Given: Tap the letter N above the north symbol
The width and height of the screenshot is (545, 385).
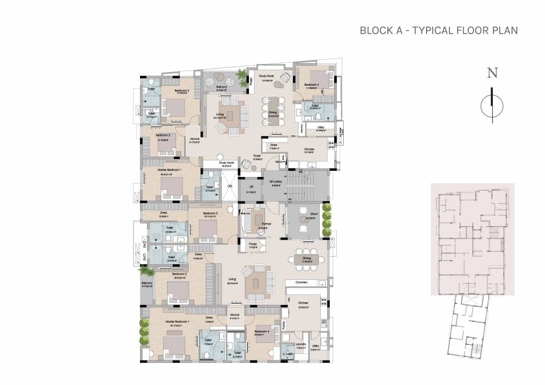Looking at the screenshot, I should [x=492, y=73].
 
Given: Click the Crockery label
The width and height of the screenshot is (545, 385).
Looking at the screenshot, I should [x=302, y=283].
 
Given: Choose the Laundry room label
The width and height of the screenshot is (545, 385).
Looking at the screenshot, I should [x=301, y=344].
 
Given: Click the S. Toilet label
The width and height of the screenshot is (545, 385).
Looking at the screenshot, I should [x=288, y=354].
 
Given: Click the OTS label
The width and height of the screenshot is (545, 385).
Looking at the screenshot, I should [x=230, y=186].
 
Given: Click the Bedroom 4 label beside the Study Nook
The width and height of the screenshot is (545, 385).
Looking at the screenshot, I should [x=312, y=85].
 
